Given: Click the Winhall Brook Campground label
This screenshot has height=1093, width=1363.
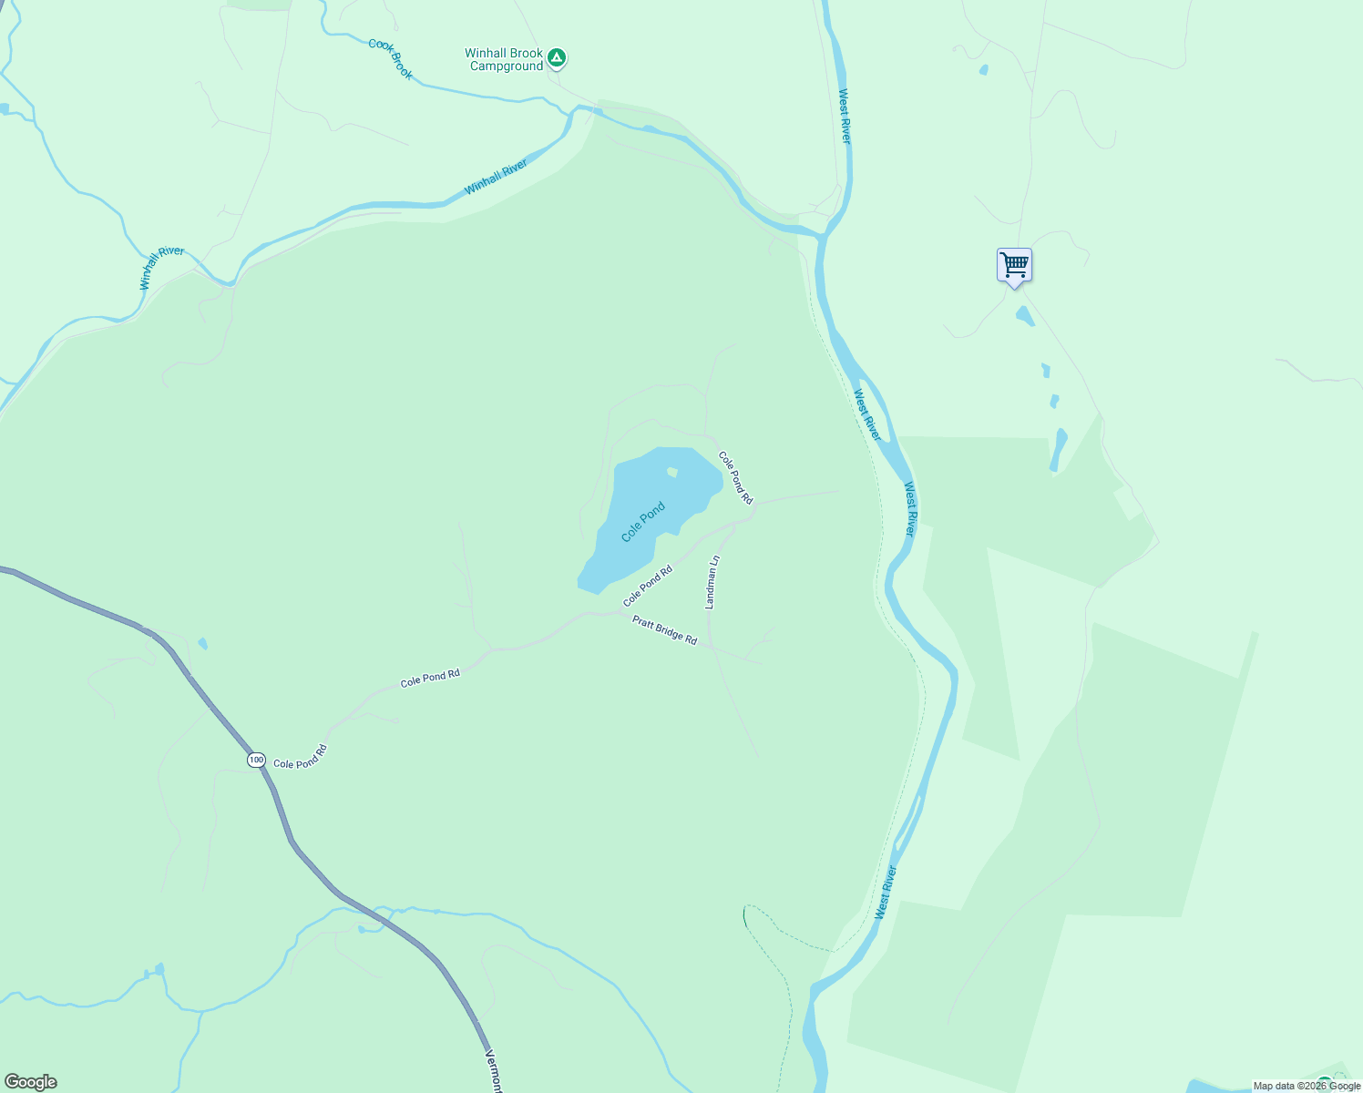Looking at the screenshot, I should click(x=504, y=60).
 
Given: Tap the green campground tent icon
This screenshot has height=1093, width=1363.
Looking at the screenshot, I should click(x=557, y=58).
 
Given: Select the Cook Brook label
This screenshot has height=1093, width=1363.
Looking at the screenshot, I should click(x=390, y=58).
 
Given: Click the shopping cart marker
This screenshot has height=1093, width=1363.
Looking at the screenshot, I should click(x=1014, y=265).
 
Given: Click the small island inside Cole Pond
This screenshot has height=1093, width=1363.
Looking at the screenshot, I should click(x=672, y=472).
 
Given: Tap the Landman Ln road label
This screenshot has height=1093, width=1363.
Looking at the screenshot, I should click(x=712, y=582).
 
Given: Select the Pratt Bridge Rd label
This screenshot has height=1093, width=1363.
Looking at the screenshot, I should click(x=665, y=630).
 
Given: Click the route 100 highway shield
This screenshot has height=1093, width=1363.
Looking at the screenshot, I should click(x=256, y=760).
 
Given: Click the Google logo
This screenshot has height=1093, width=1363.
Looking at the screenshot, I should click(x=31, y=1082).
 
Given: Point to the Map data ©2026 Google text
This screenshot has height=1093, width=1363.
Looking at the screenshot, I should click(x=1307, y=1086).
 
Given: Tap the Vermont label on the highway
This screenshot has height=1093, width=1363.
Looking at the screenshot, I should click(x=493, y=1071).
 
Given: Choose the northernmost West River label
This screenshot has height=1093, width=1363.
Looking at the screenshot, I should click(x=845, y=116).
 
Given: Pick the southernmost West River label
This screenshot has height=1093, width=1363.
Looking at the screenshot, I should click(x=886, y=893).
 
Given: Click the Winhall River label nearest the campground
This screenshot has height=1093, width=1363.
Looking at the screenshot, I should click(x=496, y=177).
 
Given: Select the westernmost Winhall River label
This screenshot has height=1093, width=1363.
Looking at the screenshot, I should click(x=161, y=268).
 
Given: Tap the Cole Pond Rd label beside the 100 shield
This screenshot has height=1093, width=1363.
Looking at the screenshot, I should click(x=300, y=758).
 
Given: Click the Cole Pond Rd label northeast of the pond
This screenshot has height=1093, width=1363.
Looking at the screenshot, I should click(x=735, y=477).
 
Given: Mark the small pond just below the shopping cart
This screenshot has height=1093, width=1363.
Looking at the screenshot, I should click(x=1025, y=316).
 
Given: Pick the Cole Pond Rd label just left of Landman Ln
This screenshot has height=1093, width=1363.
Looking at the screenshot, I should click(x=648, y=586).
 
